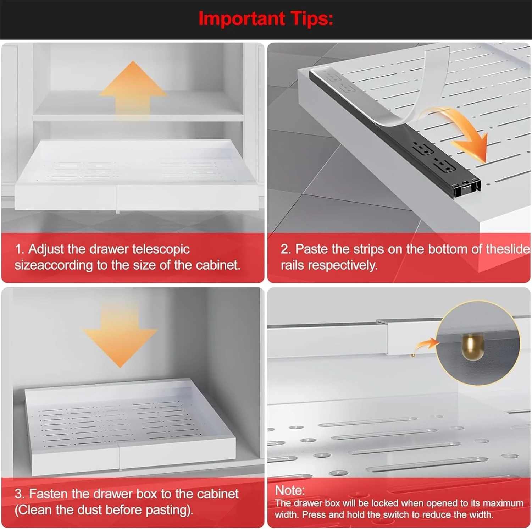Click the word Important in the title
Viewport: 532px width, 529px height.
(x=241, y=18)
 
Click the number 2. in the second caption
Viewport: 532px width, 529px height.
(x=286, y=249)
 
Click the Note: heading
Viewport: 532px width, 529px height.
(x=290, y=490)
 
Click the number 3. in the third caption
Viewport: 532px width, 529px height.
(x=19, y=494)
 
